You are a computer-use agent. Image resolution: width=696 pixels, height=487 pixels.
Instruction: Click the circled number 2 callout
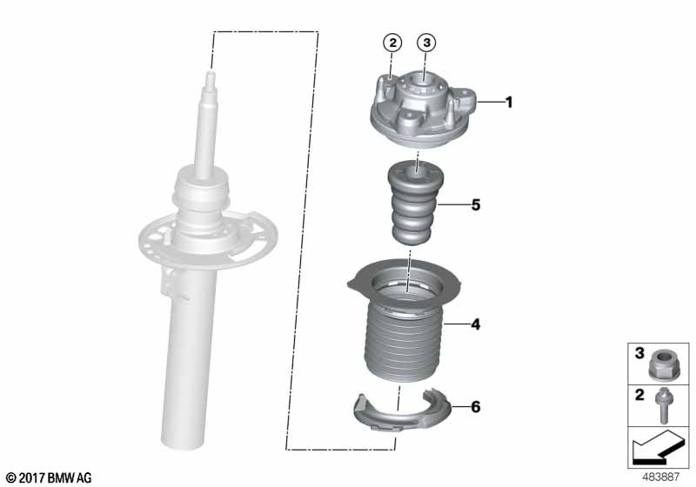tap(392, 43)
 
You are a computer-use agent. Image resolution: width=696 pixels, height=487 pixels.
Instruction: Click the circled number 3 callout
tap(426, 43)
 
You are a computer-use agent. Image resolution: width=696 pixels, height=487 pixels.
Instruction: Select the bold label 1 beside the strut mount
tap(509, 103)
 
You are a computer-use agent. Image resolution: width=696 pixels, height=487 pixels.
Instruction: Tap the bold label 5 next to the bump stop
tap(475, 205)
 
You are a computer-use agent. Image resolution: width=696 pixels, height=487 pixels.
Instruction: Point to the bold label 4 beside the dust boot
tap(475, 324)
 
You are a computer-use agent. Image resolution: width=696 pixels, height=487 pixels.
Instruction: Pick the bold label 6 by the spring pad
tap(475, 407)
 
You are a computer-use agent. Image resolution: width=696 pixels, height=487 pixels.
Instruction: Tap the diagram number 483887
tap(661, 477)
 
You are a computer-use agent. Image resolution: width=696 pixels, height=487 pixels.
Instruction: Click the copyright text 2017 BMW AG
tap(49, 477)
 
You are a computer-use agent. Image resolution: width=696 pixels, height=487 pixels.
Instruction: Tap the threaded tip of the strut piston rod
tap(210, 81)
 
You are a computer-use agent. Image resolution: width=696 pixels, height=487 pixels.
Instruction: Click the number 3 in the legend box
tap(639, 353)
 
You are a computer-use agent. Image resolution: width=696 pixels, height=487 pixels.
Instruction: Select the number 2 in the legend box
tap(639, 394)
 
